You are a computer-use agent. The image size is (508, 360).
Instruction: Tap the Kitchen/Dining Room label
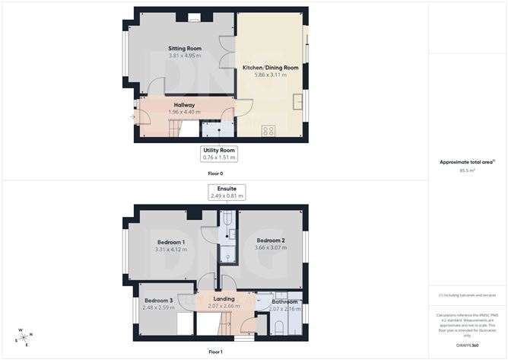pyautogui.click(x=270, y=68)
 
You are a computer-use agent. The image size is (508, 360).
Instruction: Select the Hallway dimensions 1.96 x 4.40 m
pyautogui.click(x=184, y=113)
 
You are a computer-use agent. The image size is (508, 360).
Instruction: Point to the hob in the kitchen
pyautogui.click(x=268, y=131)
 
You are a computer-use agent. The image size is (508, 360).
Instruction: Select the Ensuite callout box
pyautogui.click(x=227, y=192)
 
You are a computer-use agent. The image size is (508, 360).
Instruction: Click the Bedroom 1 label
pyautogui.click(x=171, y=242)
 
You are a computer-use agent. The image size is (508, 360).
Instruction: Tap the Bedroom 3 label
pyautogui.click(x=159, y=301)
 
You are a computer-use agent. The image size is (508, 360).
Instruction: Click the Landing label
pyautogui.click(x=224, y=299)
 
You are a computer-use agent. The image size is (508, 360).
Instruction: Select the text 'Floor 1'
pyautogui.click(x=216, y=352)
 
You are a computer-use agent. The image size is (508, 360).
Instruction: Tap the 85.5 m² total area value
pyautogui.click(x=468, y=171)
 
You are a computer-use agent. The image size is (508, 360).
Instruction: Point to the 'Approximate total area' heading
pyautogui.click(x=467, y=162)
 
